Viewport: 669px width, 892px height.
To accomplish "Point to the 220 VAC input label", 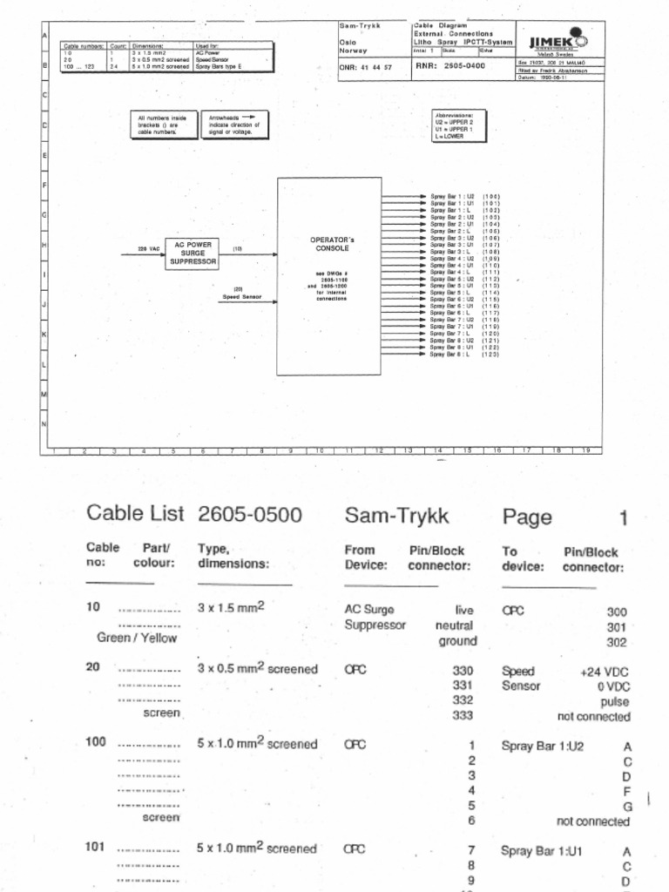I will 149,249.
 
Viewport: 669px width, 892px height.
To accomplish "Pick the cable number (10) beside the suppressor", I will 237,249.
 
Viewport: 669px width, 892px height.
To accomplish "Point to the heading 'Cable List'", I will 135,515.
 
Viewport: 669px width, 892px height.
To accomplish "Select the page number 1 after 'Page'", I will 623,518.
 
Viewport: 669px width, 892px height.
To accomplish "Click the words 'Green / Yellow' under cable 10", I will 137,638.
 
